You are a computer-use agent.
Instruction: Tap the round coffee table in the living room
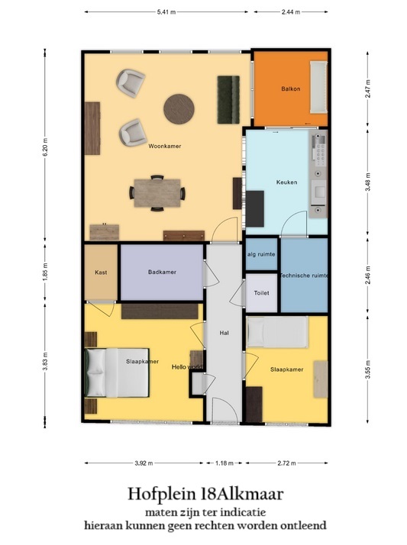click(179, 108)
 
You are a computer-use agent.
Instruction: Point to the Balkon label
click(290, 89)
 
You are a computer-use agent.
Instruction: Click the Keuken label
click(287, 182)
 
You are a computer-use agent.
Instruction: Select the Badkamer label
click(162, 271)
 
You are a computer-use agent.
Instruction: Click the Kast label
click(100, 272)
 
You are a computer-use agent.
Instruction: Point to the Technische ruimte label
click(303, 275)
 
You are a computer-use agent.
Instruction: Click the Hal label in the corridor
click(224, 332)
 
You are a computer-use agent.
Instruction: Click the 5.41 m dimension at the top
click(167, 12)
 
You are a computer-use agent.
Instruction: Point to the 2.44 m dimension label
click(290, 12)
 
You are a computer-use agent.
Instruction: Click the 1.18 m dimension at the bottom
click(225, 463)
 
